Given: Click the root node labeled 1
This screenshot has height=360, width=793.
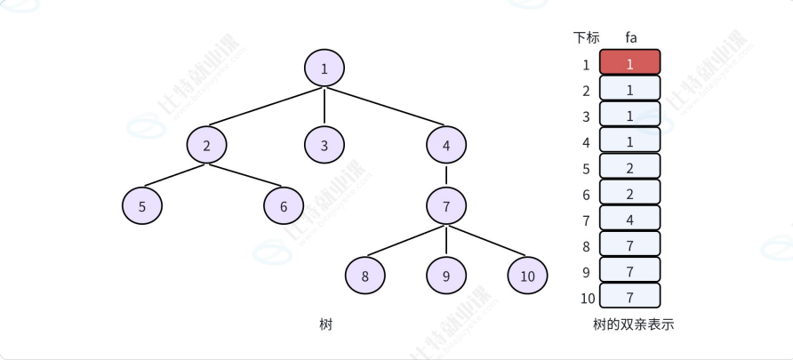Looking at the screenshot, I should click(324, 68).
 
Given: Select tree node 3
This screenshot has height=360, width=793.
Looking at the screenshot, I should click(324, 145).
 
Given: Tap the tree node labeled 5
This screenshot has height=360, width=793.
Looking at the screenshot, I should click(142, 206).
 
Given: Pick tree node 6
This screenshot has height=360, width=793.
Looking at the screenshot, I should click(284, 206).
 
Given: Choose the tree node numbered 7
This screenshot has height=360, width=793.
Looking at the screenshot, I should click(446, 206).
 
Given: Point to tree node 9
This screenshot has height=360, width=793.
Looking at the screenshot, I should click(446, 276).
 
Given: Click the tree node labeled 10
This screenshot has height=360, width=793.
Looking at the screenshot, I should click(528, 276).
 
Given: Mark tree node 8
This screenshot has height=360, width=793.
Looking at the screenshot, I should click(365, 276).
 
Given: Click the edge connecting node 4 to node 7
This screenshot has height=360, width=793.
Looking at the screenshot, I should click(446, 175).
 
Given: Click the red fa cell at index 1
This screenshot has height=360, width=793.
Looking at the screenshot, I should click(630, 62).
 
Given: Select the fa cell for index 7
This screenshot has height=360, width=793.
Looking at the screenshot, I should click(630, 218).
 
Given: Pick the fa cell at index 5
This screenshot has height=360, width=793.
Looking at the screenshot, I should click(630, 166).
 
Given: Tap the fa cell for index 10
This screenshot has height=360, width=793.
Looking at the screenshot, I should click(630, 296).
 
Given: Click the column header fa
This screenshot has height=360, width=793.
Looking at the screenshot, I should click(630, 37).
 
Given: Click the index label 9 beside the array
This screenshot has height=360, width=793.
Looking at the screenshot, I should click(586, 271).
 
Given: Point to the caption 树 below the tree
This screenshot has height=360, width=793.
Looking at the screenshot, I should click(325, 324).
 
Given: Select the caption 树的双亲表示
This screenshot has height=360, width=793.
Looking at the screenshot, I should click(633, 324).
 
